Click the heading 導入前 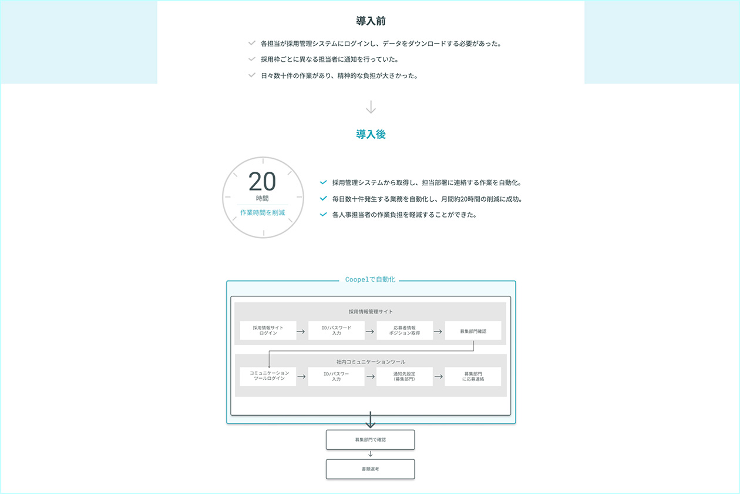[x=371, y=21]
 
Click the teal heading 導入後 [x=371, y=135]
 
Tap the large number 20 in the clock [x=262, y=182]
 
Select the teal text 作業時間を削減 [x=263, y=212]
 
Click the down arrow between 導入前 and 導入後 [x=371, y=107]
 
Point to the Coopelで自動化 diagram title [x=371, y=280]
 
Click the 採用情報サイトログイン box [x=268, y=331]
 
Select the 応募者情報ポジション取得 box [x=405, y=331]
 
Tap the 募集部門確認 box [x=473, y=331]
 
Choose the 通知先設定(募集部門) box [x=405, y=376]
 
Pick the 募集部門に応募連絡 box [x=473, y=376]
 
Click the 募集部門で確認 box [x=371, y=440]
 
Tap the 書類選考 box [x=371, y=469]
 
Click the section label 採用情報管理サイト [x=371, y=312]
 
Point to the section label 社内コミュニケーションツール [x=371, y=362]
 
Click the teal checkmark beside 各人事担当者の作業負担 [x=323, y=215]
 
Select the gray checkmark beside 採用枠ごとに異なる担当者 [x=252, y=59]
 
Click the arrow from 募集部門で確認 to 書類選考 [x=371, y=454]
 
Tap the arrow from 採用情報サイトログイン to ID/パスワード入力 [x=301, y=331]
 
